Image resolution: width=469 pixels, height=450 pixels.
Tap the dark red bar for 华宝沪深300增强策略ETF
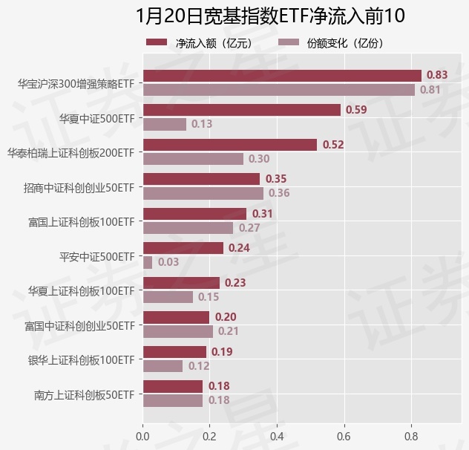(x=281, y=75)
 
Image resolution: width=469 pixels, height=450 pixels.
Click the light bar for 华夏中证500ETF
(x=164, y=124)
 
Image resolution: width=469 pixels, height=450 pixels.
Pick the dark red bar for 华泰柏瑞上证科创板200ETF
(x=229, y=145)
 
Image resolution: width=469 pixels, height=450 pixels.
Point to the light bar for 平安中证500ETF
(x=147, y=262)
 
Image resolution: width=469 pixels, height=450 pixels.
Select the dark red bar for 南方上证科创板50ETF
(x=172, y=386)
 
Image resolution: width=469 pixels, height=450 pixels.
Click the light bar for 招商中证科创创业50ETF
(x=203, y=193)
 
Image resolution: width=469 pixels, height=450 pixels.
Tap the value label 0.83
(x=437, y=75)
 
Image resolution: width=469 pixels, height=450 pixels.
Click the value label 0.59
(x=356, y=110)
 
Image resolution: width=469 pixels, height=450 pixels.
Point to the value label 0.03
(x=168, y=262)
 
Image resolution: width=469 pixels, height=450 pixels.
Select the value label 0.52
(x=333, y=145)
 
